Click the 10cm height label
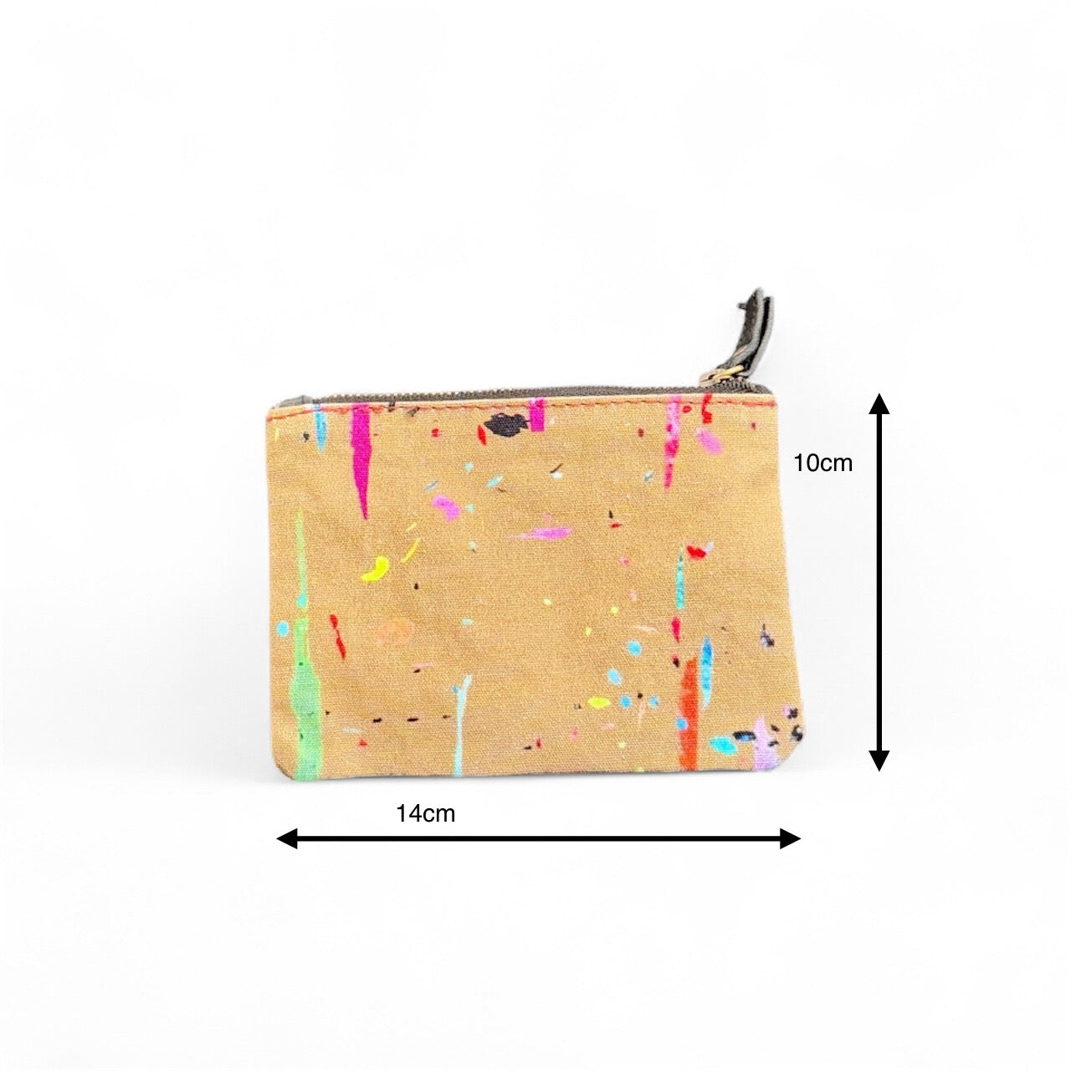coord(823,463)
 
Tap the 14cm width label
coord(426,813)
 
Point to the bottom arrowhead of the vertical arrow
coord(878,759)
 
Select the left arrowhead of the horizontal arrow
coord(287,838)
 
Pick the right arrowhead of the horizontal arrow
coord(790,838)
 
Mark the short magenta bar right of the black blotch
coord(536,413)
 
